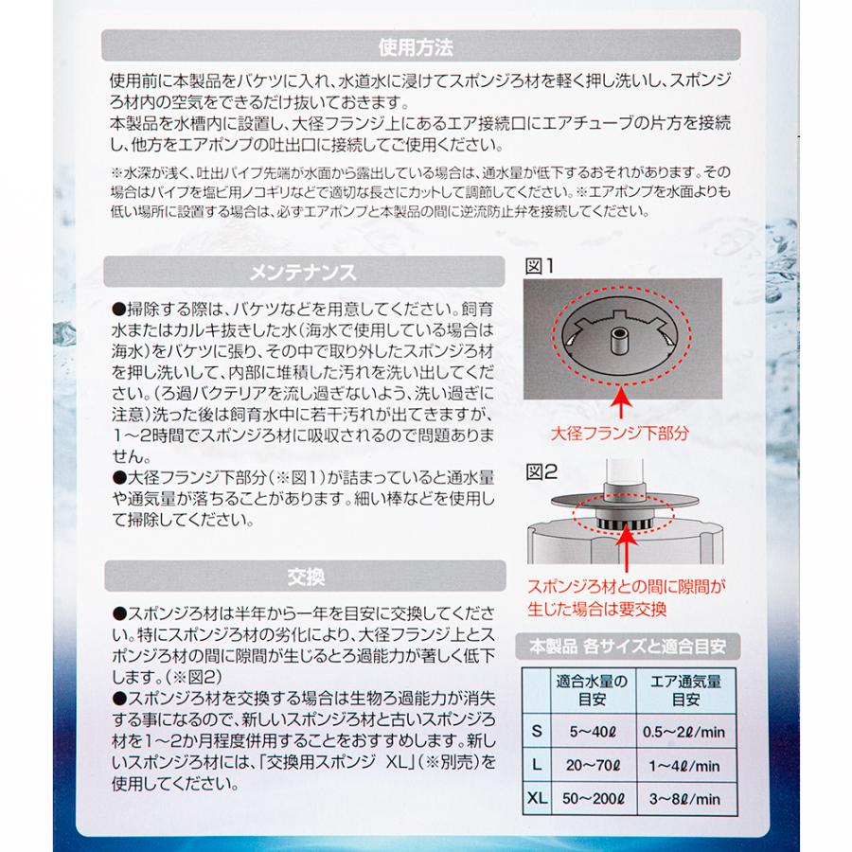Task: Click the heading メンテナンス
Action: click(x=302, y=273)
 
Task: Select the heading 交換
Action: click(x=302, y=574)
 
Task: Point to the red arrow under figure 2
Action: click(x=625, y=549)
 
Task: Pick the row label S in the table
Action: click(x=537, y=731)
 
